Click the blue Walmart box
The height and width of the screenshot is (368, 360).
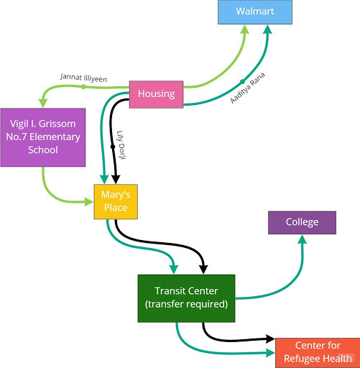pyautogui.click(x=255, y=12)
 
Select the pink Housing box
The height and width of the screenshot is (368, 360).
pyautogui.click(x=156, y=94)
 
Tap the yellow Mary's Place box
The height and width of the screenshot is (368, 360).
pyautogui.click(x=116, y=201)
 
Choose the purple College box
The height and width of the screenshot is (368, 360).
pyautogui.click(x=302, y=223)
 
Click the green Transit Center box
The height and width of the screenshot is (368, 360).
pyautogui.click(x=186, y=298)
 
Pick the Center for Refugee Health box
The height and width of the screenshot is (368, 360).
pyautogui.click(x=318, y=353)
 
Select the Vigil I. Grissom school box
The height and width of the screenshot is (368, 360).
pyautogui.click(x=43, y=137)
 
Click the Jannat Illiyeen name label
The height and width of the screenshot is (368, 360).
pyautogui.click(x=83, y=78)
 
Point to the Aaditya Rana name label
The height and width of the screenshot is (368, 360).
pyautogui.click(x=248, y=88)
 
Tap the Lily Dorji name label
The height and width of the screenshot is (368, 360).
pyautogui.click(x=121, y=145)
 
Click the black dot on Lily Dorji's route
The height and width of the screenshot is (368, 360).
pyautogui.click(x=113, y=147)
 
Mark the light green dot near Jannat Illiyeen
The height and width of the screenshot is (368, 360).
pyautogui.click(x=83, y=87)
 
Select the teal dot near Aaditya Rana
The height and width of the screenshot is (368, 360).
pyautogui.click(x=242, y=82)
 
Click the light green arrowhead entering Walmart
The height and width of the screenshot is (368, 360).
pyautogui.click(x=245, y=29)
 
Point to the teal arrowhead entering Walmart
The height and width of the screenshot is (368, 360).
pyautogui.click(x=268, y=29)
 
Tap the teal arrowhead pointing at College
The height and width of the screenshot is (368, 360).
pyautogui.click(x=303, y=239)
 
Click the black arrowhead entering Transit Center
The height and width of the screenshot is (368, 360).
pyautogui.click(x=203, y=270)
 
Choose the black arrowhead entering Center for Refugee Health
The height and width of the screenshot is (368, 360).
pyautogui.click(x=271, y=339)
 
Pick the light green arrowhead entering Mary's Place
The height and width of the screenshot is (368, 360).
pyautogui.click(x=89, y=202)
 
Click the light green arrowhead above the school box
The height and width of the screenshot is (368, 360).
pyautogui.click(x=43, y=103)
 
